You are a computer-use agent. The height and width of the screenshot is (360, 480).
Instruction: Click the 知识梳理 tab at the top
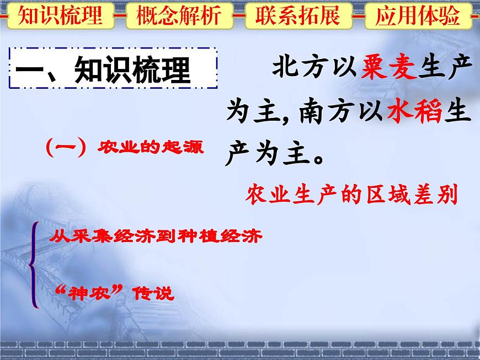click(60, 16)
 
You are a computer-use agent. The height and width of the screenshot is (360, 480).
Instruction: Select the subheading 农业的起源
click(150, 147)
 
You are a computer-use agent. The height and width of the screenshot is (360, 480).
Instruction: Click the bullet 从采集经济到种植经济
click(155, 238)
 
